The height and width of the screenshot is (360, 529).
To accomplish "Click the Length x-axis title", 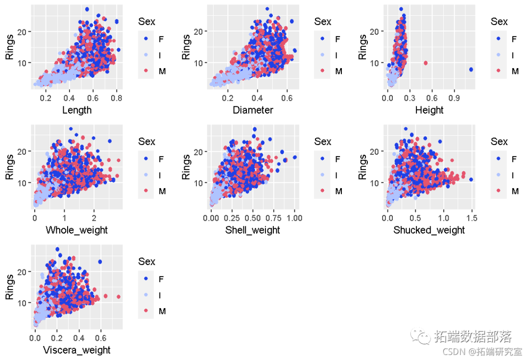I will [77, 110].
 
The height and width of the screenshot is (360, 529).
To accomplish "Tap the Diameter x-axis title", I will [253, 110].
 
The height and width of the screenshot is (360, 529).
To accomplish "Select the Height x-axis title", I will [429, 110].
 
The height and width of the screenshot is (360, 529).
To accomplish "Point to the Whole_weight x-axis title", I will [76, 230].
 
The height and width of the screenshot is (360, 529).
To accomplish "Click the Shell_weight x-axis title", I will [253, 230].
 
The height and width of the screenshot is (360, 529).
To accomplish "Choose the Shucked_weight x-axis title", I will [429, 230].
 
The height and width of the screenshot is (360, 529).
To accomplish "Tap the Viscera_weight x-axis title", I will [77, 350].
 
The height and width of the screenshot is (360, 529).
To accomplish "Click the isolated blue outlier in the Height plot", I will [471, 70].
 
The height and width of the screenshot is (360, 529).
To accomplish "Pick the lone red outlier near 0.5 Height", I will [425, 63].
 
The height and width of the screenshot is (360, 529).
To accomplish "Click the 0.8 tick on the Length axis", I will [117, 98].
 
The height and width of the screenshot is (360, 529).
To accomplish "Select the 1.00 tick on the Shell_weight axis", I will [294, 218].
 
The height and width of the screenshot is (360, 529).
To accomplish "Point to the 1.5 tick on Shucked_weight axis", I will [471, 218].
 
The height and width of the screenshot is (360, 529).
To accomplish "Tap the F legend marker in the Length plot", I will [146, 39].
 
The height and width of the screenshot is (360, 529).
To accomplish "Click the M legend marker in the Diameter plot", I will [323, 72].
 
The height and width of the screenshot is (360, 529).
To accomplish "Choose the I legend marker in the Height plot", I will [499, 55].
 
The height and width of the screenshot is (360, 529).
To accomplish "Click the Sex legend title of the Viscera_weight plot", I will [146, 262].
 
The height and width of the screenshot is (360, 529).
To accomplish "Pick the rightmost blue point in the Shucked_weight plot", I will [471, 180].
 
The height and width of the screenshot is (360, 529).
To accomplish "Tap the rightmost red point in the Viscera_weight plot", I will [118, 297].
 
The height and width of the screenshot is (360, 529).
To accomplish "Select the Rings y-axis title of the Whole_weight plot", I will [10, 167].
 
